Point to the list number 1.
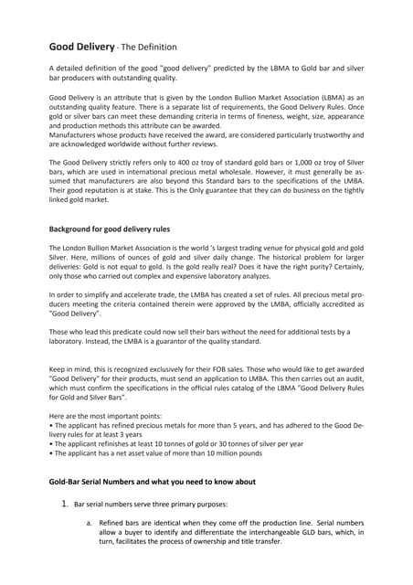pyautogui.click(x=65, y=503)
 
